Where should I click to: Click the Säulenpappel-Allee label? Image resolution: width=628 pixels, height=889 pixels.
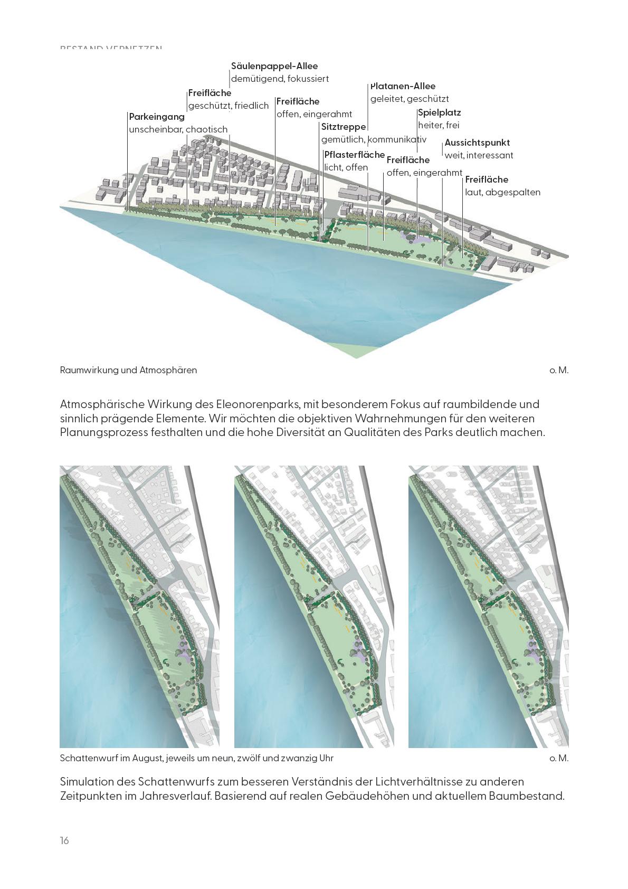[x=274, y=67]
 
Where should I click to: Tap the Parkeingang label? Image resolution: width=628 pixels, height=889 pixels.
[x=157, y=117]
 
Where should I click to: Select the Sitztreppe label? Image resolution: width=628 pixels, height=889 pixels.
[x=344, y=127]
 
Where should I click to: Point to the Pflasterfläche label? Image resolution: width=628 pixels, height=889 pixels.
[x=354, y=155]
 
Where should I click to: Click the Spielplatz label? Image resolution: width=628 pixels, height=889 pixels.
[x=439, y=112]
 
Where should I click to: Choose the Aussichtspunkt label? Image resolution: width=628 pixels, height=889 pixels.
[x=477, y=143]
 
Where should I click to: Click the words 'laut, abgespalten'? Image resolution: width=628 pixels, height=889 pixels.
[x=502, y=192]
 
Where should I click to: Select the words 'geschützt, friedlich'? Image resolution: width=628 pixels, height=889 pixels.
[x=229, y=106]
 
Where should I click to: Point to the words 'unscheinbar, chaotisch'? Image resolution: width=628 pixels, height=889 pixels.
[x=178, y=129]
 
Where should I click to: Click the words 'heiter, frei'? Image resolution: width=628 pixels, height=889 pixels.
[x=439, y=125]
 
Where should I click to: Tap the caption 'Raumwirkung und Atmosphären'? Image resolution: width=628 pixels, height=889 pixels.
[x=128, y=370]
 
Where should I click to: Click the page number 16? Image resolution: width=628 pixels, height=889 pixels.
[x=64, y=840]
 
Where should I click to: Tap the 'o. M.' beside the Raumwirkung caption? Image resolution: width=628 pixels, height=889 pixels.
[x=559, y=370]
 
